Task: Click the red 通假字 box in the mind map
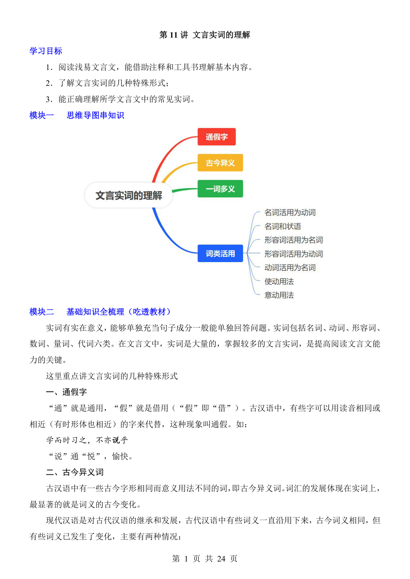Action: point(216,137)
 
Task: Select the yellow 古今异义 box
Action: point(220,163)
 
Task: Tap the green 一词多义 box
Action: point(220,189)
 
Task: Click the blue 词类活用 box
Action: point(220,254)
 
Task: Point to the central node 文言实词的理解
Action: point(129,195)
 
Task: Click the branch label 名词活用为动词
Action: point(290,213)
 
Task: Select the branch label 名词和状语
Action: point(282,226)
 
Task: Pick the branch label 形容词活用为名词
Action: point(293,240)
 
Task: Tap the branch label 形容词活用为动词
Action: point(293,254)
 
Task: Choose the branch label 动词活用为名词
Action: point(290,268)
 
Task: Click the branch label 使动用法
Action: point(279,282)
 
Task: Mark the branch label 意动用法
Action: point(279,295)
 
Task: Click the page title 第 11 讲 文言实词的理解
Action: point(205,35)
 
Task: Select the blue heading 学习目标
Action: point(46,51)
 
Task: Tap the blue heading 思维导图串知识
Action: point(95,115)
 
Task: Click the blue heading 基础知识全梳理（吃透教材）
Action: point(118,312)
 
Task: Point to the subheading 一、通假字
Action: point(66,392)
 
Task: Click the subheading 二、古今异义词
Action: point(75,472)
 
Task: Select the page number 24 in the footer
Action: point(221,559)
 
